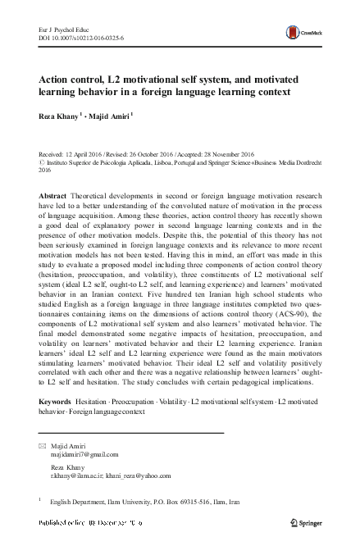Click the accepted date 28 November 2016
tap(242, 154)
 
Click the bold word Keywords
tap(55, 401)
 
